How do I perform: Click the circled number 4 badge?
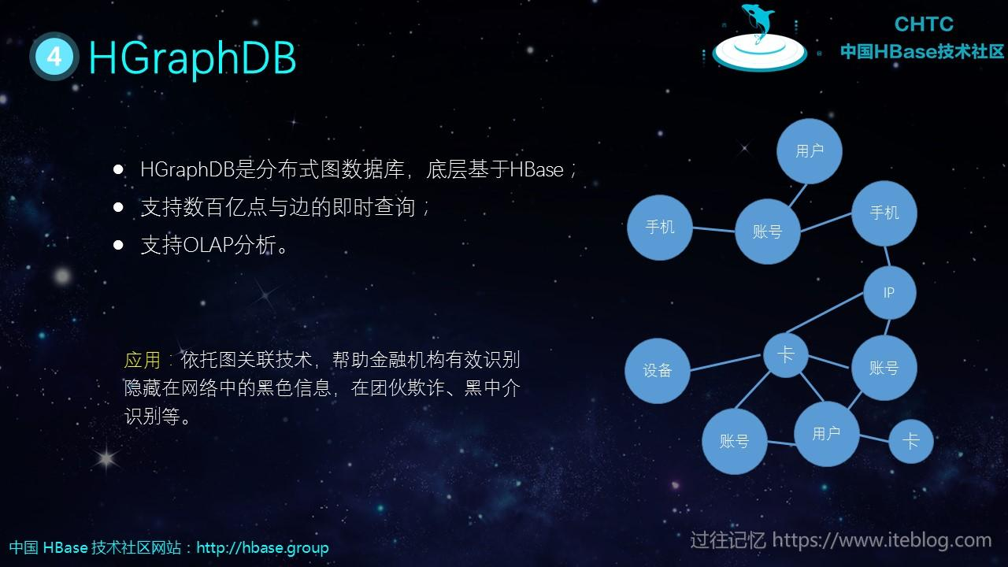[54, 57]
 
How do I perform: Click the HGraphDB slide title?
[192, 57]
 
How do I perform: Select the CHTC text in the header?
[924, 24]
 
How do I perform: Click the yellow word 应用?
[142, 361]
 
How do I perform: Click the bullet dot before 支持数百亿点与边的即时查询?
[119, 207]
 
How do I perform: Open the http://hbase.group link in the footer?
[262, 547]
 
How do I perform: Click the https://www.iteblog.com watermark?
[881, 540]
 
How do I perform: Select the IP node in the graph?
[889, 293]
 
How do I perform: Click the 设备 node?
[658, 370]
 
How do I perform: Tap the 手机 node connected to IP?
[884, 213]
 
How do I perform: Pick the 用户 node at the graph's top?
[809, 151]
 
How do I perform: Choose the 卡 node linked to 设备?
[785, 354]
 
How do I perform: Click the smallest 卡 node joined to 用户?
[910, 441]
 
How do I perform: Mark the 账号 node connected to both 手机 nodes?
[767, 232]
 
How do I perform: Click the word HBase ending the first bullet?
[536, 169]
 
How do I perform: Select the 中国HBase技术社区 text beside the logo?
[922, 52]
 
